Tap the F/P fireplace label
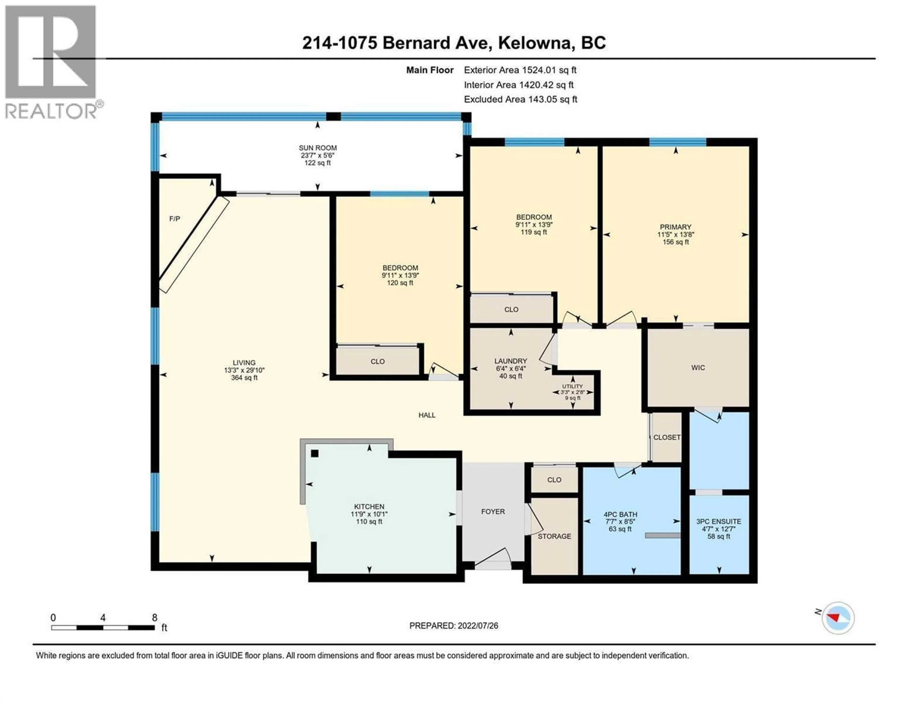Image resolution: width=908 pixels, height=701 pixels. pos(175,219)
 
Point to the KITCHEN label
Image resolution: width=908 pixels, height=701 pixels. pos(369,507)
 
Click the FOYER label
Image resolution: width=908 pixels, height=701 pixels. pos(493,512)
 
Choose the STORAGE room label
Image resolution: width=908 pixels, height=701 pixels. pos(554,537)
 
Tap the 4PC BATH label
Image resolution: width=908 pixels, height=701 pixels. pos(620,514)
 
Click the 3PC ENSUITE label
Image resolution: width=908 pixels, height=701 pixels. pos(719,521)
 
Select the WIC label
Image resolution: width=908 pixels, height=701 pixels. pos(698,368)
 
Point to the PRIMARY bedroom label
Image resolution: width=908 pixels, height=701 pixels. pos(676,227)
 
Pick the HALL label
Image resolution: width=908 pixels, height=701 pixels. pos(427,415)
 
